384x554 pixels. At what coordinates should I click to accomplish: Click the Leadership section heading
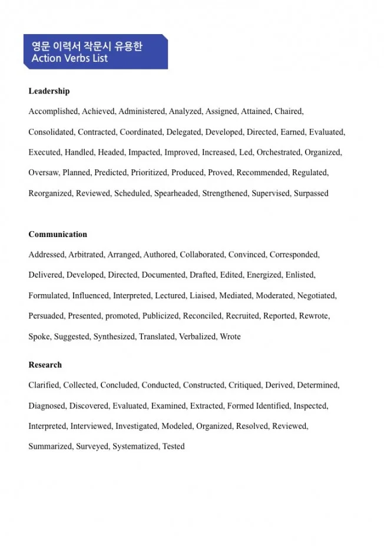point(49,91)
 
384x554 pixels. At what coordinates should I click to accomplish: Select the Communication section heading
point(58,234)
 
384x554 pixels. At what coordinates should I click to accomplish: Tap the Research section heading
point(45,365)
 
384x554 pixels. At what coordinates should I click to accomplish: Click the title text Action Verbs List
point(69,58)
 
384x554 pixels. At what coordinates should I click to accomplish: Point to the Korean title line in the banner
point(87,45)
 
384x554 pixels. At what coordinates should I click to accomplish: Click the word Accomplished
point(53,111)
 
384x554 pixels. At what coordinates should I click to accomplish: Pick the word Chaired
point(289,111)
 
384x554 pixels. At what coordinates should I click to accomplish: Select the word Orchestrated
point(279,152)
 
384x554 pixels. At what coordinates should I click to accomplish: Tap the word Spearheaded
point(176,193)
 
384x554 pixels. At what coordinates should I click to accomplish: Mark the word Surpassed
point(311,193)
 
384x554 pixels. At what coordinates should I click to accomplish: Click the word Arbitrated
point(86,255)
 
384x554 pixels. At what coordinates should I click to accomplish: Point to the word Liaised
point(203,295)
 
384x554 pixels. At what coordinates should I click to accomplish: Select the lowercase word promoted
point(122,316)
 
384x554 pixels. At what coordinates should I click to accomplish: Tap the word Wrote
point(230,336)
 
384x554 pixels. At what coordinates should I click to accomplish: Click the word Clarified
point(44,385)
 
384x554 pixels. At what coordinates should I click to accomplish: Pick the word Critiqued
point(244,385)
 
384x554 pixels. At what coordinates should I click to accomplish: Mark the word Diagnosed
point(47,406)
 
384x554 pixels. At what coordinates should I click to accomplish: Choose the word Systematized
point(135,446)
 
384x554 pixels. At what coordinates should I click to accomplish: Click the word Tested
point(174,446)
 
